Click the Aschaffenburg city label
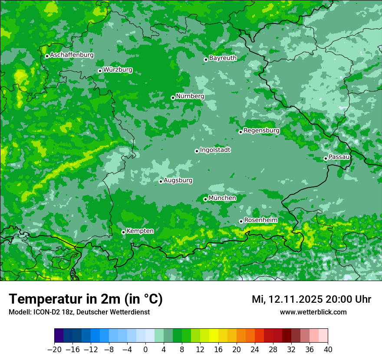tap(72, 55)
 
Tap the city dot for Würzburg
tap(100, 71)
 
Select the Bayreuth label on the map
tap(223, 58)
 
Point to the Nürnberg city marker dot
tap(173, 98)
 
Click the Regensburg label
tap(261, 130)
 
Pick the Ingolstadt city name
tap(215, 150)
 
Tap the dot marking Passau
tap(326, 158)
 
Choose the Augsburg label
tap(178, 180)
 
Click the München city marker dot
tap(205, 200)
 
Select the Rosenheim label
tap(260, 220)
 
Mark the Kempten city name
tap(140, 231)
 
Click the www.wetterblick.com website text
tap(313, 312)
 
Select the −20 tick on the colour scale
tap(54, 350)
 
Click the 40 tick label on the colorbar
tap(328, 350)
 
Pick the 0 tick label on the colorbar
tap(145, 350)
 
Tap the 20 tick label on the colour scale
tap(237, 350)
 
